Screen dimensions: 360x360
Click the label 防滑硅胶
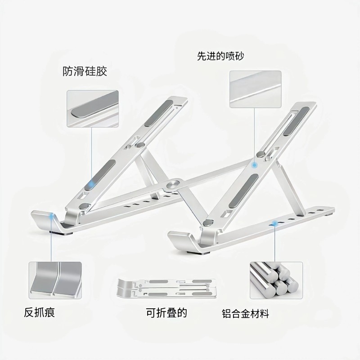85,71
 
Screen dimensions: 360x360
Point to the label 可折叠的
166,312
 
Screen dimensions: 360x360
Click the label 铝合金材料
245,313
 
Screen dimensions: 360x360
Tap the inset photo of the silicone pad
93,108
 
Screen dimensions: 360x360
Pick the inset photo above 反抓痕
55,279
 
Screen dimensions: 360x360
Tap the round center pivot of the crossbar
173,184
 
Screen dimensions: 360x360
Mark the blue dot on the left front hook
54,216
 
